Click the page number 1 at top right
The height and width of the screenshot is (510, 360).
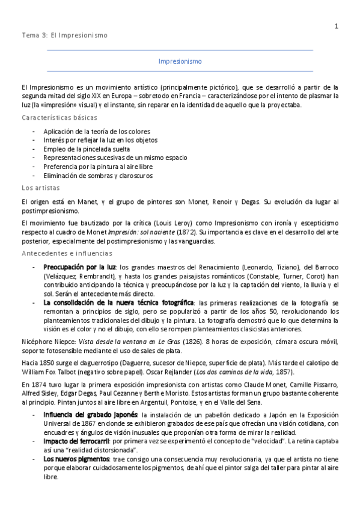[x=337, y=26]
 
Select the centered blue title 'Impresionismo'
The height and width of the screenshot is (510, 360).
[x=180, y=62]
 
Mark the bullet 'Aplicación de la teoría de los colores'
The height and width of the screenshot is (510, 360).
[x=97, y=131]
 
